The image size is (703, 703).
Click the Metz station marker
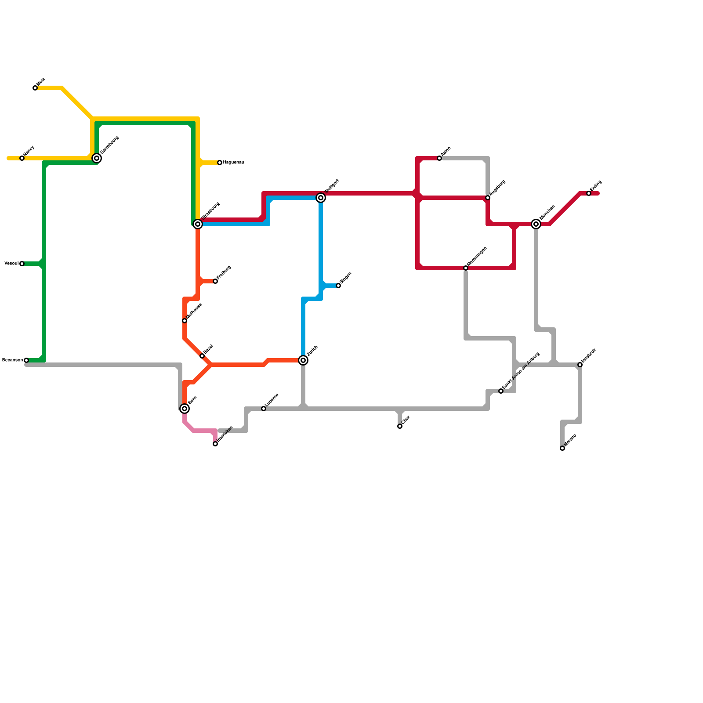click(35, 88)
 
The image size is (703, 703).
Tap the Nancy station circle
click(22, 158)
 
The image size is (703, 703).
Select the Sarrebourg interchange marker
click(97, 158)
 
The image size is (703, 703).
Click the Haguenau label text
click(233, 163)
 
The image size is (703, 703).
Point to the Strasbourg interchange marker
click(198, 224)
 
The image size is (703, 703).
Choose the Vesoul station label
click(11, 264)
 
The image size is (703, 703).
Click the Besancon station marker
click(26, 360)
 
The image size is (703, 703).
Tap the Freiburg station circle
click(215, 281)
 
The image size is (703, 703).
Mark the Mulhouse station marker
click(185, 321)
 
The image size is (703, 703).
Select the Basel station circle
click(202, 356)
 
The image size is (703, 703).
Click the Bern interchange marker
click(185, 409)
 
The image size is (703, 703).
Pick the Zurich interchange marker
click(303, 360)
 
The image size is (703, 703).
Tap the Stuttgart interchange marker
click(321, 198)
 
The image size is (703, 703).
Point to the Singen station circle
click(338, 286)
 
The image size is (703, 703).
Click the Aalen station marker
click(439, 158)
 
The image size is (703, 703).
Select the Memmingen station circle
click(466, 268)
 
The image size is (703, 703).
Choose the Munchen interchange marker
click(536, 224)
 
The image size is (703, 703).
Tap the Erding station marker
click(589, 193)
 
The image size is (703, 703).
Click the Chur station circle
click(400, 426)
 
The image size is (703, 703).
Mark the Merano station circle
click(562, 448)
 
